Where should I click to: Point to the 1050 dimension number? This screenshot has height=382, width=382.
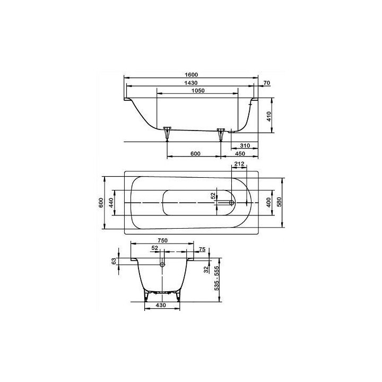pos(197,91)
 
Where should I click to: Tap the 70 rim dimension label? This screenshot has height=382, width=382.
pos(267,83)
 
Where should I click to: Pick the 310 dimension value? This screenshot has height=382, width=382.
pos(245,145)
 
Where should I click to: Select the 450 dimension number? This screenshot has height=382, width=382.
pos(240,154)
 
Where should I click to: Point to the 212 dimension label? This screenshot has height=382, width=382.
pos(239,164)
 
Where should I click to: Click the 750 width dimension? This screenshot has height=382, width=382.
pos(162,240)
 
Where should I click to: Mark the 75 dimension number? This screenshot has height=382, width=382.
pos(202,249)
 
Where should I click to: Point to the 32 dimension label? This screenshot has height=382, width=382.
pos(207,269)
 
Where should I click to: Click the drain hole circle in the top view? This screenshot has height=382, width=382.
pos(232,202)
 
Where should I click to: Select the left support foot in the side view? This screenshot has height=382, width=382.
pos(168,133)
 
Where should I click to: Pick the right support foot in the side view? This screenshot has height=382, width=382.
pos(221,133)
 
